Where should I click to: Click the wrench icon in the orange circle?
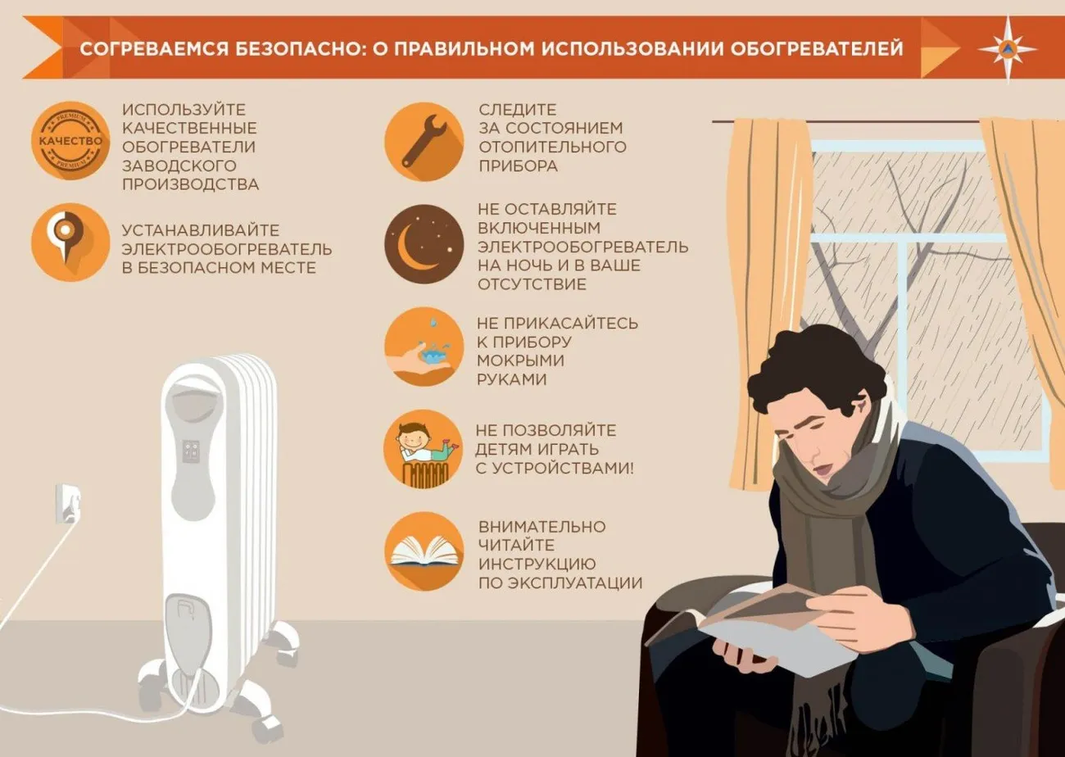423,140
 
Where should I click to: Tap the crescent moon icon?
423,243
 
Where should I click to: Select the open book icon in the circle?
423,551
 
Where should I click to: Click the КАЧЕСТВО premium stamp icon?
71,140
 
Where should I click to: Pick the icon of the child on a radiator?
423,449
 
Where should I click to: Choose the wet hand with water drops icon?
423,347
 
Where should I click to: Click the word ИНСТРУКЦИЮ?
537,564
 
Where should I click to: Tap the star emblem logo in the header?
1007,48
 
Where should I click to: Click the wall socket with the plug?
67,502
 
